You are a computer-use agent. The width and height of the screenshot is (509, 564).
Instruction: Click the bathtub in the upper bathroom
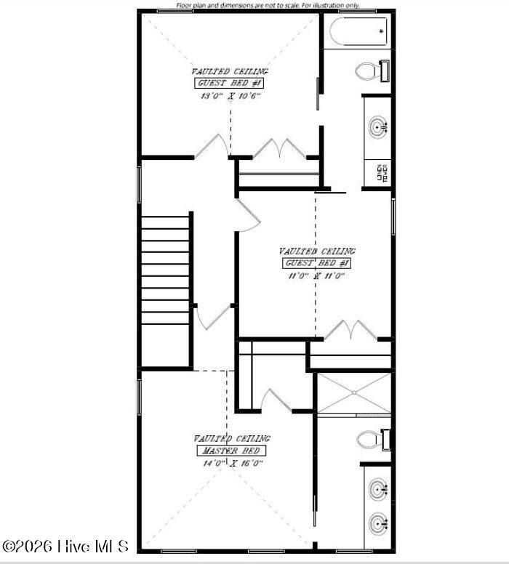(x=358, y=31)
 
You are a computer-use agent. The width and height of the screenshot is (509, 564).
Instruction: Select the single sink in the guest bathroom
(x=378, y=128)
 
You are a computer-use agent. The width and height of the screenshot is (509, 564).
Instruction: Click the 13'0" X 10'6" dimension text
(x=230, y=95)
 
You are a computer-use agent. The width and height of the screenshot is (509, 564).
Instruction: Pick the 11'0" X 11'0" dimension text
(x=315, y=275)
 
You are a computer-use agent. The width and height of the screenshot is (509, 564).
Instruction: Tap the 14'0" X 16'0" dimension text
(x=232, y=462)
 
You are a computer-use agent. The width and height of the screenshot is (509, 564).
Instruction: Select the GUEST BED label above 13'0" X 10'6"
(x=230, y=84)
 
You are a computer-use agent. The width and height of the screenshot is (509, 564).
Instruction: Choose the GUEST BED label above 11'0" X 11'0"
(x=317, y=263)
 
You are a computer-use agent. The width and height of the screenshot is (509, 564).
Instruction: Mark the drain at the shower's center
(x=353, y=393)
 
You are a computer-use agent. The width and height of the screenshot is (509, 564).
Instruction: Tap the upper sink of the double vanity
(x=377, y=489)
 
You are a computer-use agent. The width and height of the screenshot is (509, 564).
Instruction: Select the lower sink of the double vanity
(x=377, y=523)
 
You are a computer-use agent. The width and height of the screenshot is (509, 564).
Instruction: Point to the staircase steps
(x=166, y=269)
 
